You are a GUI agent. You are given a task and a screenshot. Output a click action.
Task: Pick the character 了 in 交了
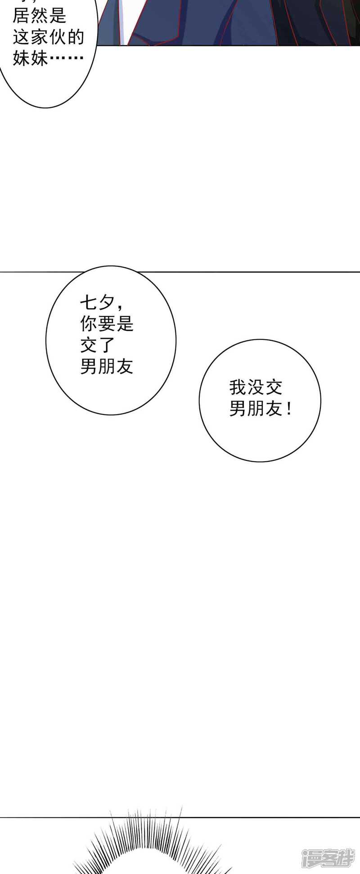tap(107, 345)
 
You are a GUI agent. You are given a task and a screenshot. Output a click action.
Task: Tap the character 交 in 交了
tap(89, 345)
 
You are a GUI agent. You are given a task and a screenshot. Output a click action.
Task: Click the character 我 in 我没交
tap(238, 387)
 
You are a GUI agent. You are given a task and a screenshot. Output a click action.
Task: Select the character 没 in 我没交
tap(256, 387)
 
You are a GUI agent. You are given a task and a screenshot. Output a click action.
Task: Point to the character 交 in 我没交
tap(274, 387)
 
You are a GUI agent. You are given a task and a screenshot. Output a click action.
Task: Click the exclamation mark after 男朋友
tap(289, 409)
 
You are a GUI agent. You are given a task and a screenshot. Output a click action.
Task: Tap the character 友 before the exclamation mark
tap(274, 409)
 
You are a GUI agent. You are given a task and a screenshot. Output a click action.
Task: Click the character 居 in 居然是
tap(22, 16)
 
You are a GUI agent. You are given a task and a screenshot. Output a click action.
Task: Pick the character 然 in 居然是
tap(40, 16)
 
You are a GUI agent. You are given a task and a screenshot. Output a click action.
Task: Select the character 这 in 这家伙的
tap(22, 37)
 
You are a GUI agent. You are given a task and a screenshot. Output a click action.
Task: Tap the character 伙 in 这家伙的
tap(58, 37)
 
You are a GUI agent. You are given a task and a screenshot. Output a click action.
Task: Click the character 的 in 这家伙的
tap(76, 37)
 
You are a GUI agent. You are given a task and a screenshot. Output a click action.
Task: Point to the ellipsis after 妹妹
tap(67, 58)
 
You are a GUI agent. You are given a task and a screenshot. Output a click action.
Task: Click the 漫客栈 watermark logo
tap(328, 857)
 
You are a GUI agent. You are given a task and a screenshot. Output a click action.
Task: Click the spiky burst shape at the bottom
tap(153, 846)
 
